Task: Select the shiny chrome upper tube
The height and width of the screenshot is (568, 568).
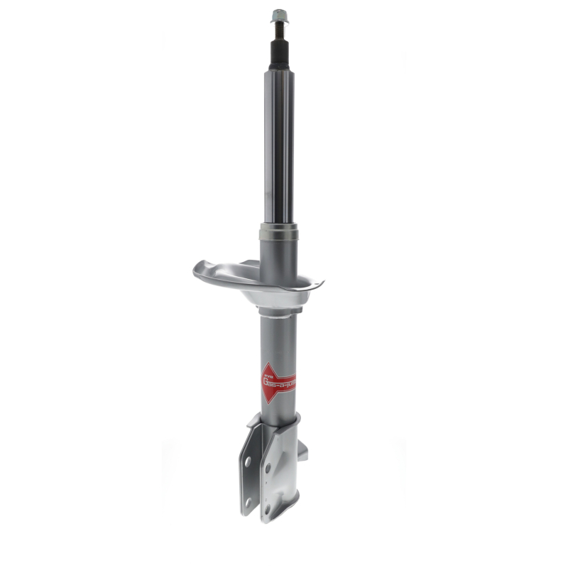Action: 278,142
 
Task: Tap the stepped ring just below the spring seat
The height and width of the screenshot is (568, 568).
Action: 278,311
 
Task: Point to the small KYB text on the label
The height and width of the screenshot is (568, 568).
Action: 268,371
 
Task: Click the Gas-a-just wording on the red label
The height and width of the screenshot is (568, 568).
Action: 280,383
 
